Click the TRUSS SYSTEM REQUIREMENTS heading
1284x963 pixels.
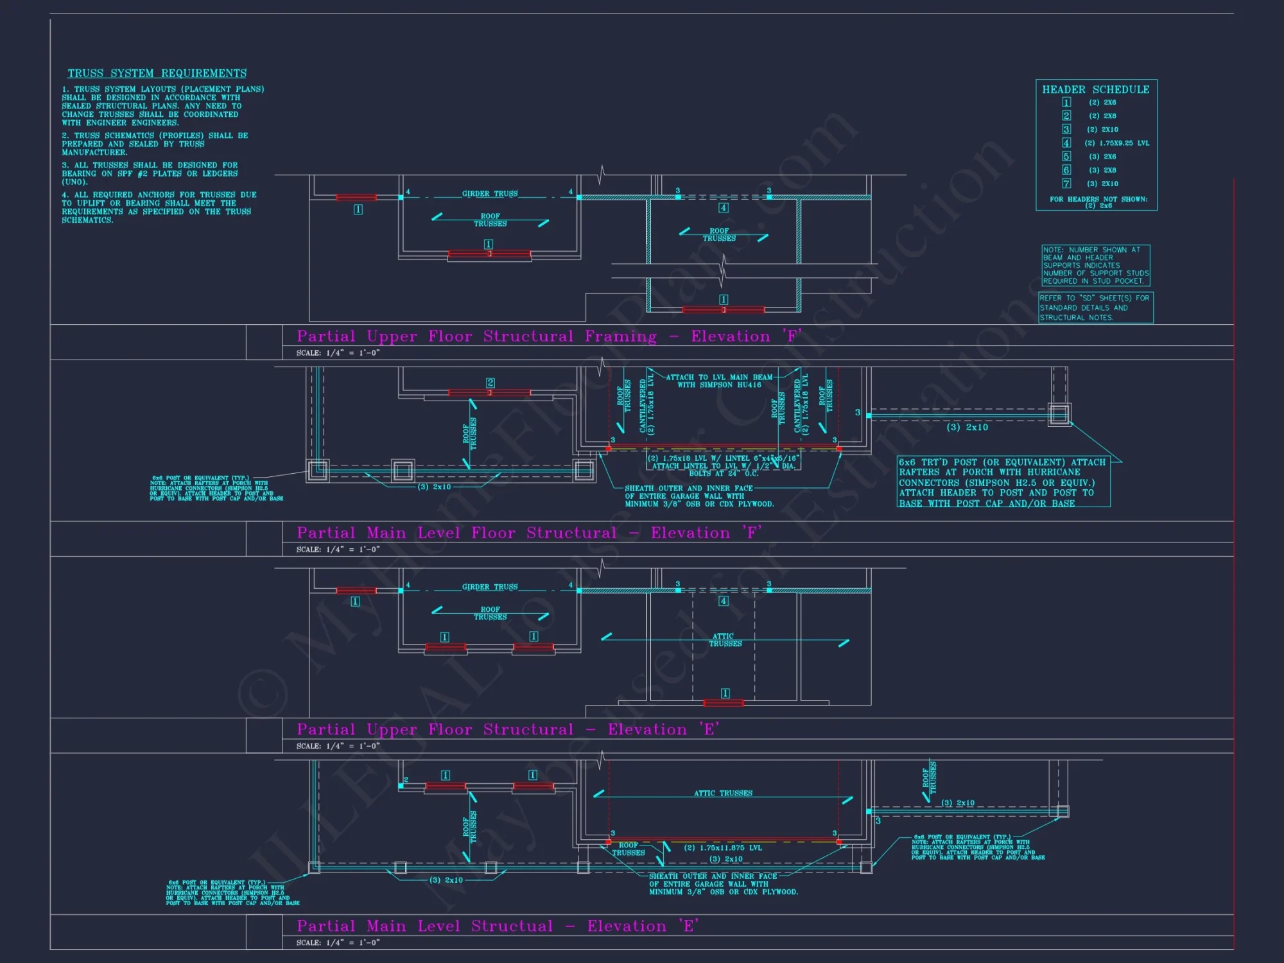point(157,73)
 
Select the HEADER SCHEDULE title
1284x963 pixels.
point(1095,90)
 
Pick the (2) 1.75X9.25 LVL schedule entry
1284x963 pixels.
point(1116,143)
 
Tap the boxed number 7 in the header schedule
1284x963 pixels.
point(1066,184)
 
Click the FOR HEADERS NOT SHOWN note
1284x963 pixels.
point(1098,202)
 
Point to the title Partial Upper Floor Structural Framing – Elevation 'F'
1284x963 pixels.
point(549,336)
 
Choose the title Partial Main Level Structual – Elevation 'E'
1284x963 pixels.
point(498,926)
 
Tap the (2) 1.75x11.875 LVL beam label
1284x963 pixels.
point(723,847)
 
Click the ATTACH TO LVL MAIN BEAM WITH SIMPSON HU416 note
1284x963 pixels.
point(719,381)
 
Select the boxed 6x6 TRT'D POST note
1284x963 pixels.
point(1003,482)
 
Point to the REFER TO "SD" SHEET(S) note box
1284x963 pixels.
point(1095,308)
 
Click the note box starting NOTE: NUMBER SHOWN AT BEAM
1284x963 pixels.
point(1095,265)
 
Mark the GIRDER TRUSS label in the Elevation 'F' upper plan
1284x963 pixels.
point(489,193)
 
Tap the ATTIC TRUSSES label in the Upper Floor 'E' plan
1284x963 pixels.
point(725,639)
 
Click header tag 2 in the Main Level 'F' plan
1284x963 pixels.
point(490,383)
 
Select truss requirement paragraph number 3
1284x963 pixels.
point(150,173)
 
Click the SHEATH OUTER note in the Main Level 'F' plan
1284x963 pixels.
point(699,496)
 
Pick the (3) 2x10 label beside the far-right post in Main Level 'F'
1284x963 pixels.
point(967,428)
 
